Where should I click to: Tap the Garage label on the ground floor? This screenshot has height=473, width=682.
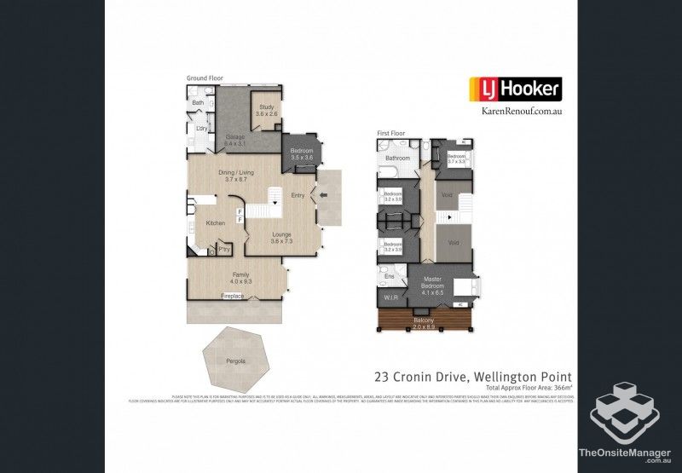pos(235,141)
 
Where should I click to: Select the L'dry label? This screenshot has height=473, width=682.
pos(202,129)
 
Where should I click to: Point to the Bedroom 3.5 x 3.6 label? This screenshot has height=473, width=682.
pos(302,154)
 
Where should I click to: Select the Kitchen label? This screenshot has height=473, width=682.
pos(216,222)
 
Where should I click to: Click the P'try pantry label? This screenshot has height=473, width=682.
pos(223,249)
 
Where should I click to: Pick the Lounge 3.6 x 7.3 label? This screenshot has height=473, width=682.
pos(282,238)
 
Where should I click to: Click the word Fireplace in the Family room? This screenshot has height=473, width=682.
pos(233,296)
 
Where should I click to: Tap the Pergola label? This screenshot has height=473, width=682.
pos(236,361)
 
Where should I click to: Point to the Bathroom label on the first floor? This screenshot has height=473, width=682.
pos(397,159)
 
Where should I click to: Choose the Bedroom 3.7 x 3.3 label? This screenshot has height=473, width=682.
pos(456,159)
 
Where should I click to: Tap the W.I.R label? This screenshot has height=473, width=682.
pos(390,298)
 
